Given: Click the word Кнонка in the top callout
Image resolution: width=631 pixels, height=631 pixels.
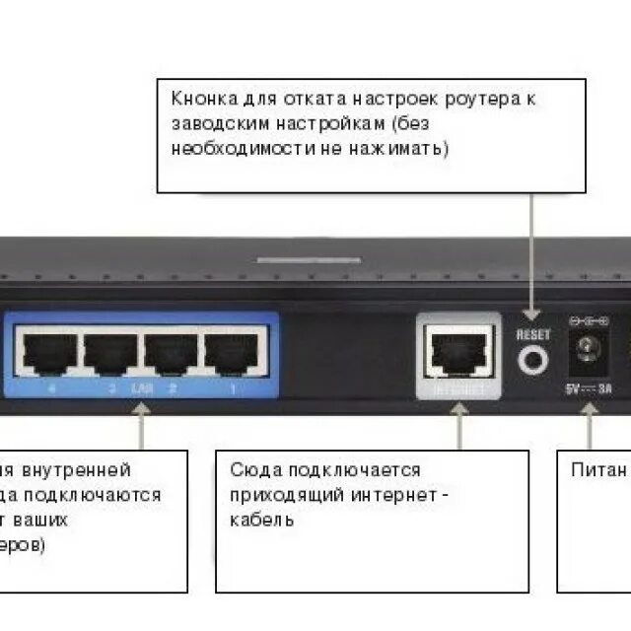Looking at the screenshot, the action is pos(203,101).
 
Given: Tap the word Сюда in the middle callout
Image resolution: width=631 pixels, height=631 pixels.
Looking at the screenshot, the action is pos(252,470).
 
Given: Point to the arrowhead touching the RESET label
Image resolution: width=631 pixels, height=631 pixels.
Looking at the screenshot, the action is pos(533,317).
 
